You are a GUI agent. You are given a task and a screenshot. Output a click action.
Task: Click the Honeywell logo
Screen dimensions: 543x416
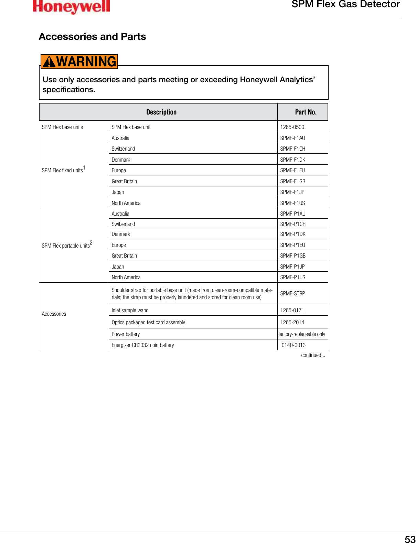coord(71,7)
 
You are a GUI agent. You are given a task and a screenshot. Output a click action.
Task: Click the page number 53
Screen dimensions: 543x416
coord(410,539)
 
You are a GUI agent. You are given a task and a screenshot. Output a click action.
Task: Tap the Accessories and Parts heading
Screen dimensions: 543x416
coord(92,36)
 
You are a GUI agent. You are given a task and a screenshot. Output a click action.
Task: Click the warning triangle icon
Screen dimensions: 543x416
coord(49,62)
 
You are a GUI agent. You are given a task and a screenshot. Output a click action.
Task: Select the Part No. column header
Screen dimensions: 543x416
coord(306,112)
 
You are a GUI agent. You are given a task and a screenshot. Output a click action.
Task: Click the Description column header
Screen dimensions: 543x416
coord(161,112)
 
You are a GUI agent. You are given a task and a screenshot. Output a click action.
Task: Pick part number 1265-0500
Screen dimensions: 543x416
coord(292,127)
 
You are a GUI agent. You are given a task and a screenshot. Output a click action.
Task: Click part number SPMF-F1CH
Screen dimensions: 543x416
coord(292,149)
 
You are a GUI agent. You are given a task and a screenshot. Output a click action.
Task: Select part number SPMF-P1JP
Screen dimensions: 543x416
coord(292,267)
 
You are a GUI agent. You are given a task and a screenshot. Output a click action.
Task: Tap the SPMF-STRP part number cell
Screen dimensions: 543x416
coord(292,293)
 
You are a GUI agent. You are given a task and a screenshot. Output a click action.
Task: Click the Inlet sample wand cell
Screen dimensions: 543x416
coord(130,310)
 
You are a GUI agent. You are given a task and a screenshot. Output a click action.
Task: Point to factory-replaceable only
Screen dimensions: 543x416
coord(302,334)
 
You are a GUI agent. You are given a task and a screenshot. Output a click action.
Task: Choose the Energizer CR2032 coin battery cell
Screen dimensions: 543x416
coord(143,345)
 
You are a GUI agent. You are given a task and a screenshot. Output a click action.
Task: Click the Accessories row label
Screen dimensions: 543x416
coord(54,314)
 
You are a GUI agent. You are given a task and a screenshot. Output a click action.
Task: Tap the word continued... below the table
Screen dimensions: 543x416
coord(313,355)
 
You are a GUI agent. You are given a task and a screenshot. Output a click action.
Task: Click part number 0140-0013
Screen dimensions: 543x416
coord(294,345)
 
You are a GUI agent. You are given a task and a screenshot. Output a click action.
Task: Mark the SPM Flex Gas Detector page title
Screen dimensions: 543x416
coord(345,4)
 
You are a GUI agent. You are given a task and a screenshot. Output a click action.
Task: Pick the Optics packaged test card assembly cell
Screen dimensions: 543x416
coord(148,322)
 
